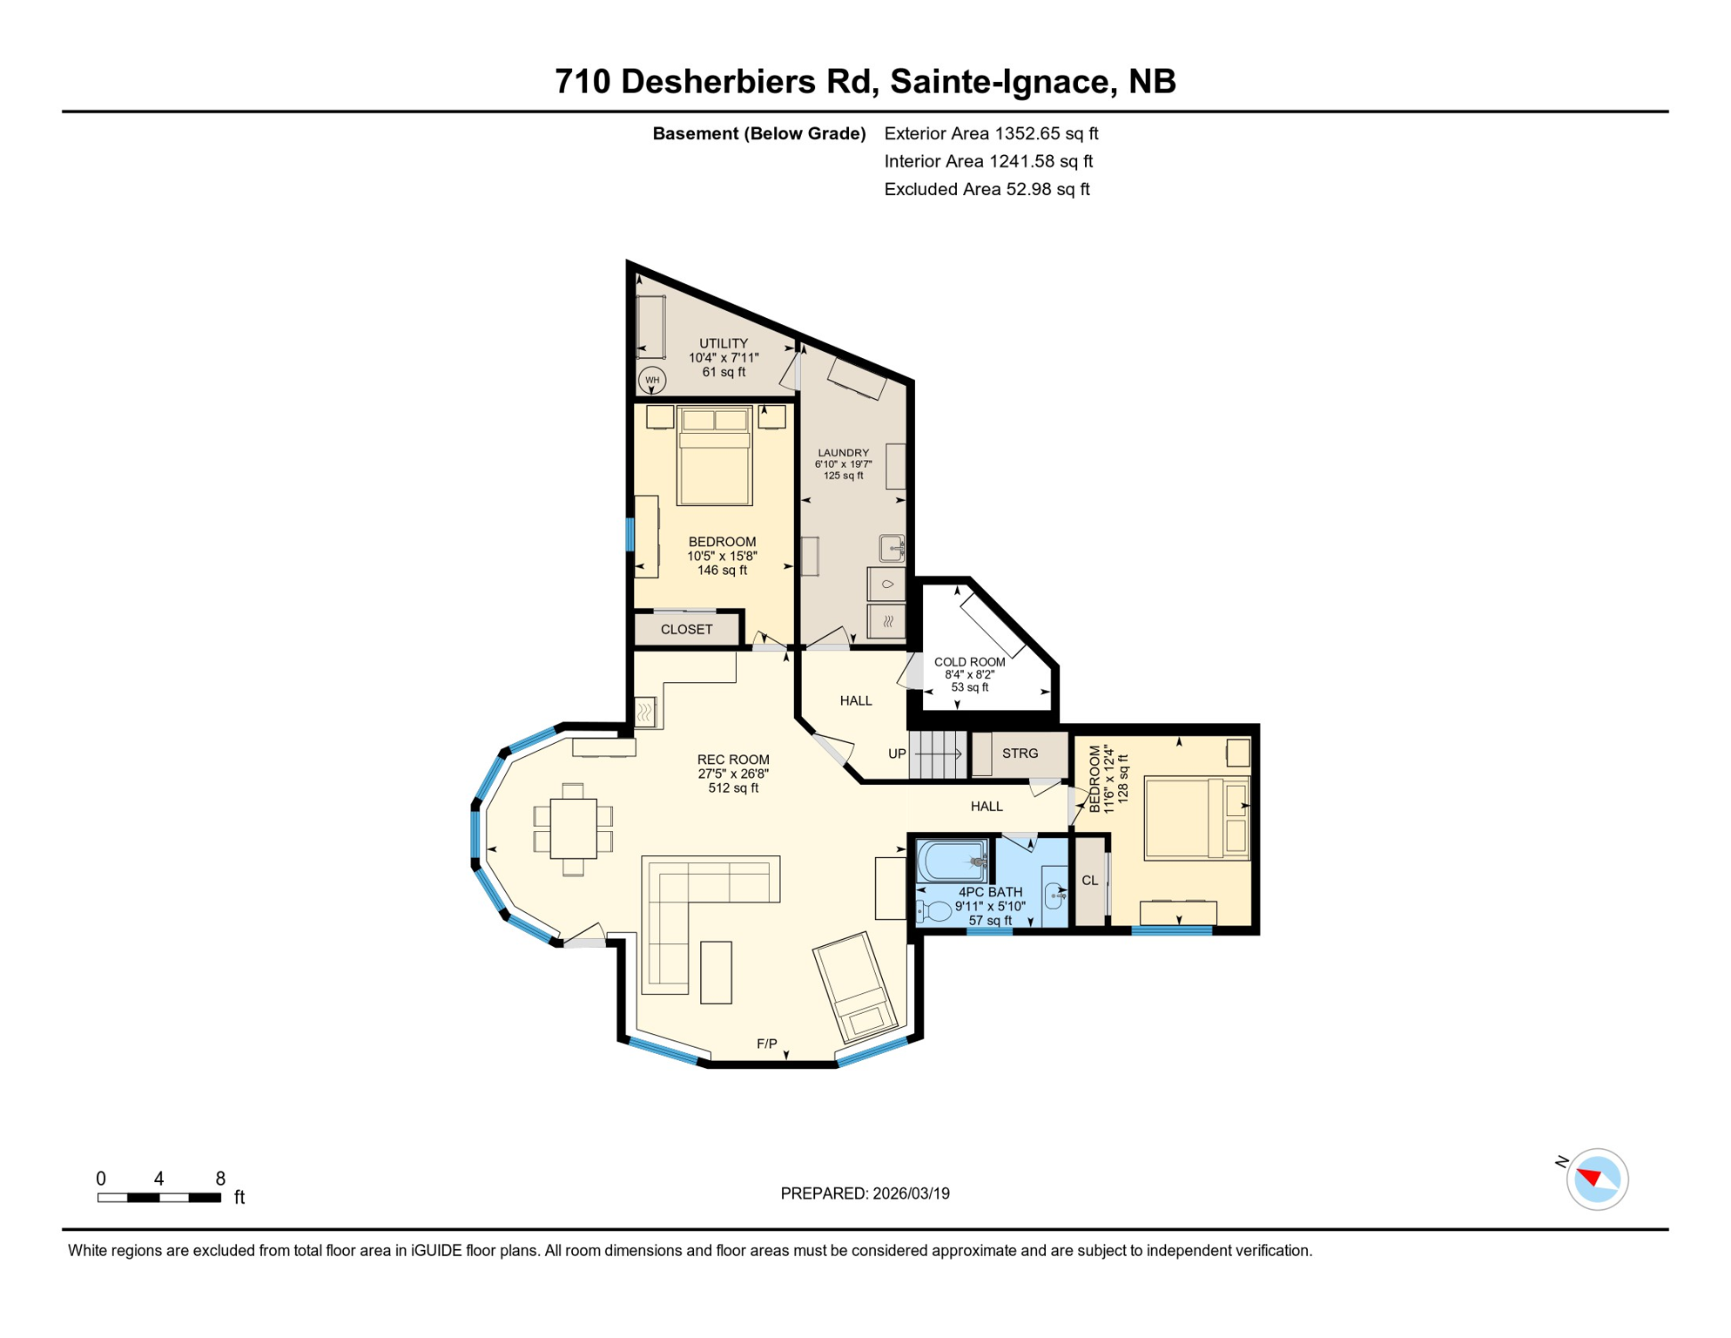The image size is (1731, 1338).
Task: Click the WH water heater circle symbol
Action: coord(652,380)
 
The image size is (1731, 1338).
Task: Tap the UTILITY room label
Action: coord(724,343)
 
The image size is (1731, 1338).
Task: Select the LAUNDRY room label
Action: coord(843,453)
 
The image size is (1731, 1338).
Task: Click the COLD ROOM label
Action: coord(969,662)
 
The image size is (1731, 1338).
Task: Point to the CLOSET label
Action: coord(686,629)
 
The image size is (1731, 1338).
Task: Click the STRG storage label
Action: coord(1020,753)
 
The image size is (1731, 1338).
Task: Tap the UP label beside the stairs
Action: coord(897,753)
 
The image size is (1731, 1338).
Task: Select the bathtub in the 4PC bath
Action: coord(952,860)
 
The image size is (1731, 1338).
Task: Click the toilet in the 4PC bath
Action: coord(935,912)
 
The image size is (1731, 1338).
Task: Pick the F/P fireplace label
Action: coord(766,1044)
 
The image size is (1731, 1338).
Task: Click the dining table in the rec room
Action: coord(573,828)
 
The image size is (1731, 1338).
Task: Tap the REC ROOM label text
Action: coord(733,760)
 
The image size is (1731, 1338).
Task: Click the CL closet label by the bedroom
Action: coord(1089,881)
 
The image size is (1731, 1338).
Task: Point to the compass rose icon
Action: coord(1597,1179)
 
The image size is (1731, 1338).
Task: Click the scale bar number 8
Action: coord(220,1179)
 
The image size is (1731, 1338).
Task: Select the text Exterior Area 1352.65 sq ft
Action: coord(991,133)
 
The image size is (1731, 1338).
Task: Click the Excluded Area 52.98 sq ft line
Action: coord(987,189)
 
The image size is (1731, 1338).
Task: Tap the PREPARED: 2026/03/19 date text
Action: coord(865,1193)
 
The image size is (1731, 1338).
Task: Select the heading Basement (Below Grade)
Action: coord(758,133)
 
